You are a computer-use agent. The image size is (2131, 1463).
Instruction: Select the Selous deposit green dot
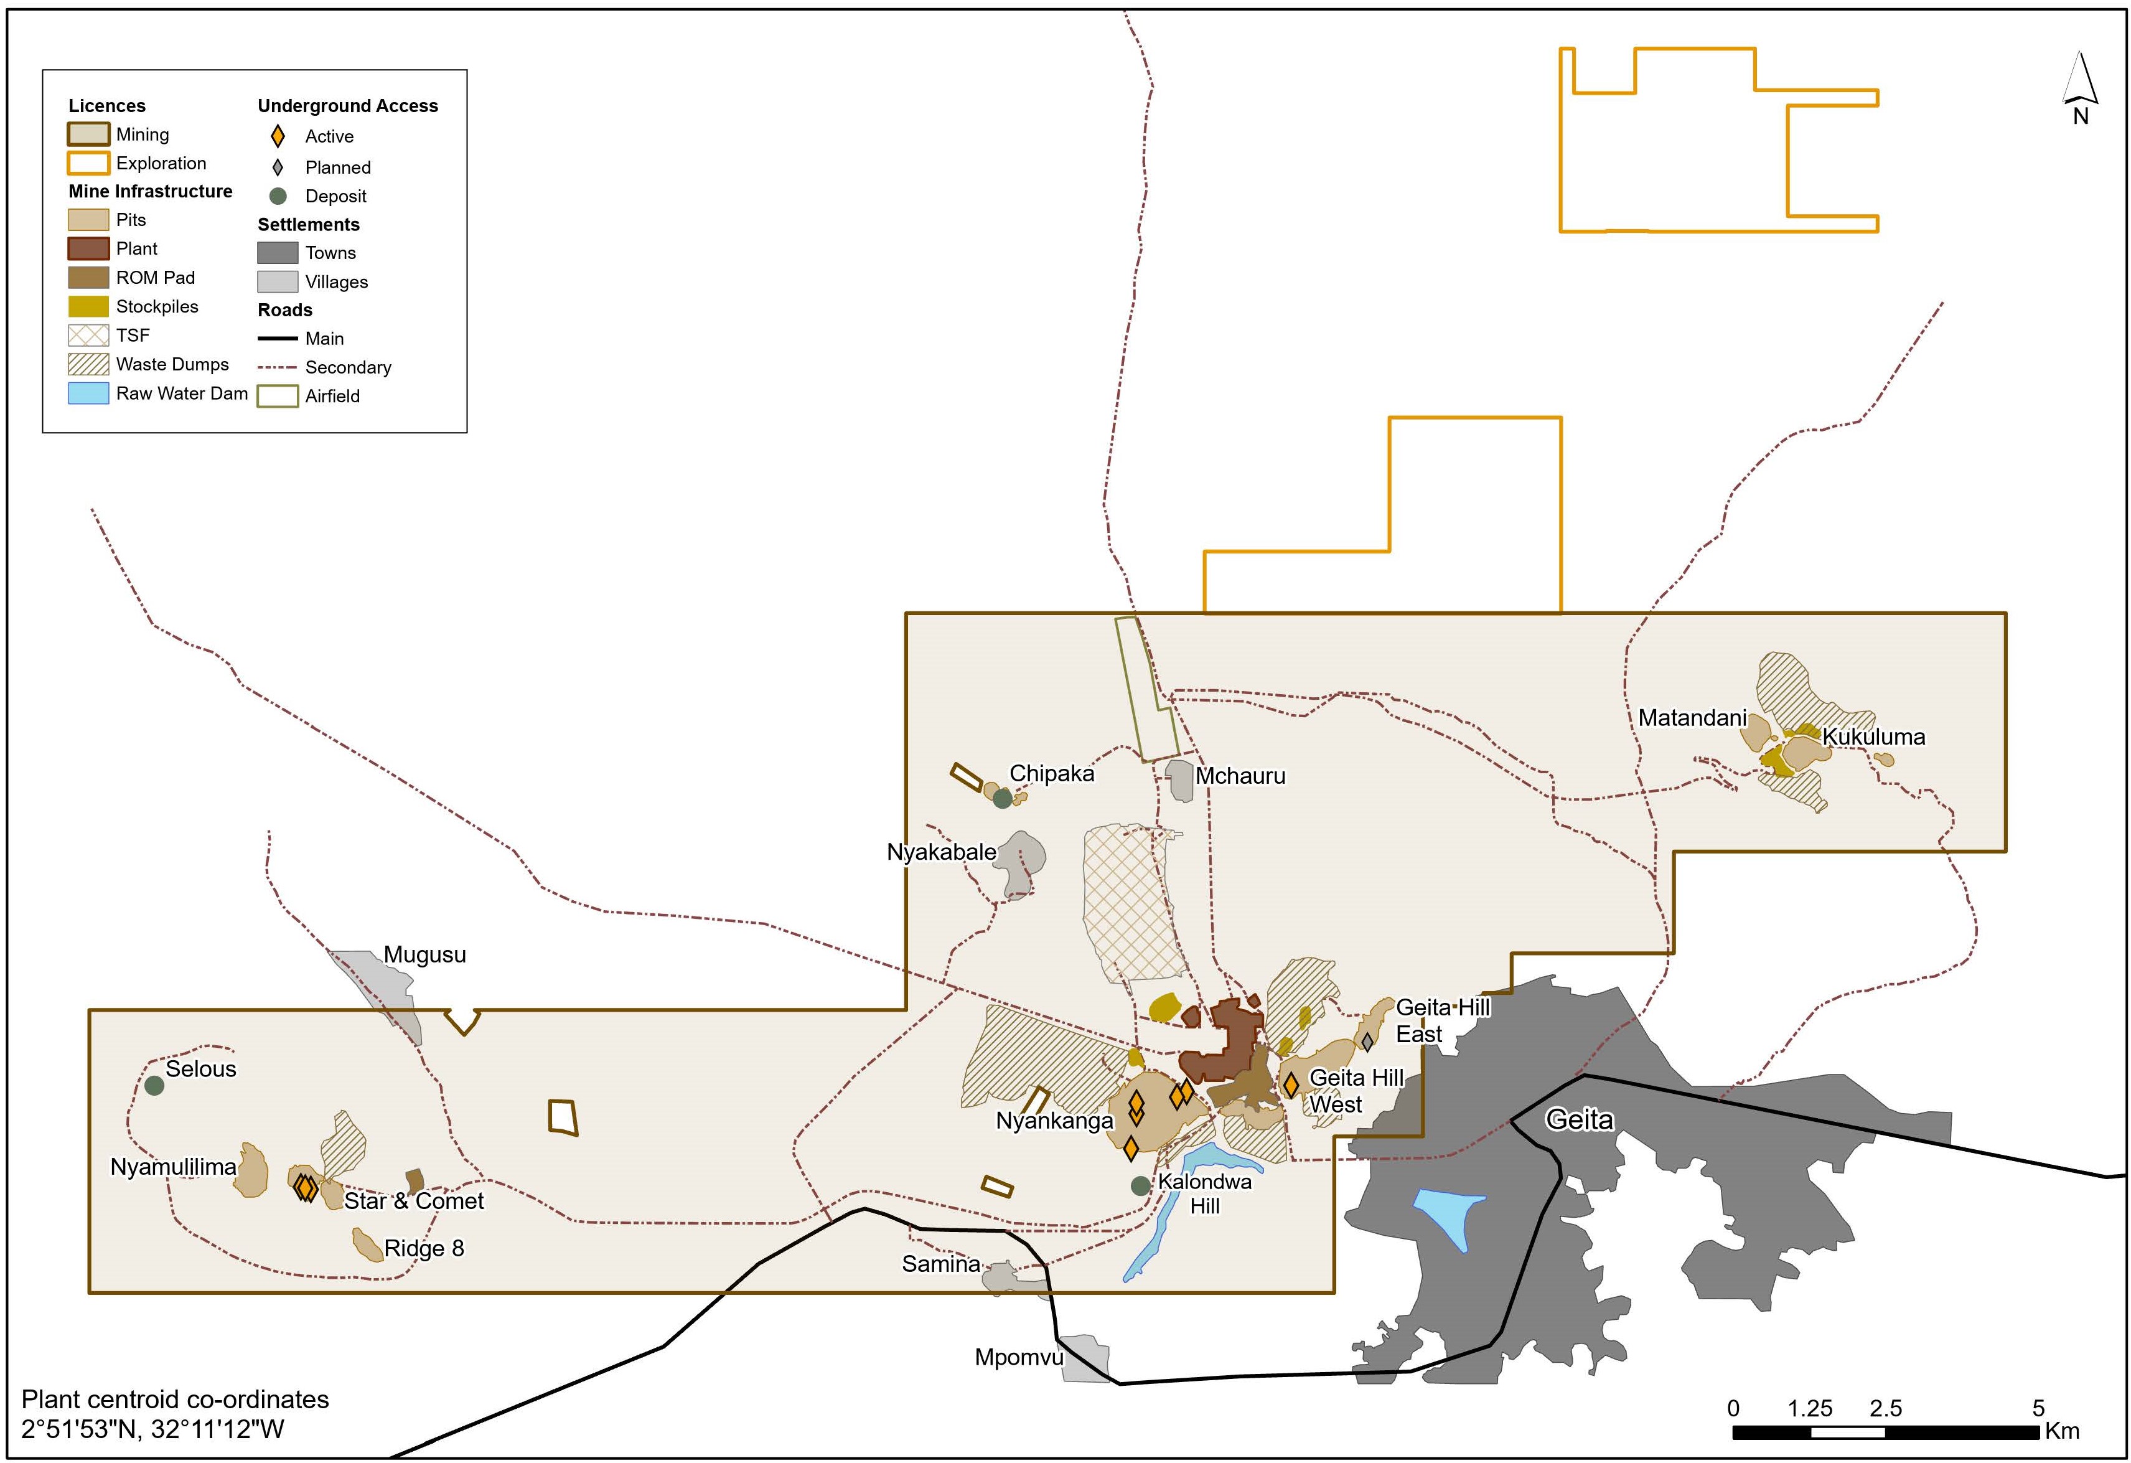[x=154, y=1085]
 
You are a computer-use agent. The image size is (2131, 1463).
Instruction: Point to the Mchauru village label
[x=1240, y=776]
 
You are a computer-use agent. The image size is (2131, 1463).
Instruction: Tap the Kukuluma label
[x=1873, y=736]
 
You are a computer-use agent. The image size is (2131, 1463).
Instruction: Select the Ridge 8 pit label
[x=424, y=1248]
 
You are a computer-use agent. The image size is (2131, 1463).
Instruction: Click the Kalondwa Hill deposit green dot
[x=1140, y=1185]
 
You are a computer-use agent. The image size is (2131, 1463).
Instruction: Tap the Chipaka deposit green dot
[x=1001, y=798]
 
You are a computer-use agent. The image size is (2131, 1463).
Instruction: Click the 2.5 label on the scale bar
[x=1885, y=1408]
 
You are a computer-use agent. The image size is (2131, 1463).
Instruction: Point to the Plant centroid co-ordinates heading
[x=175, y=1399]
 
